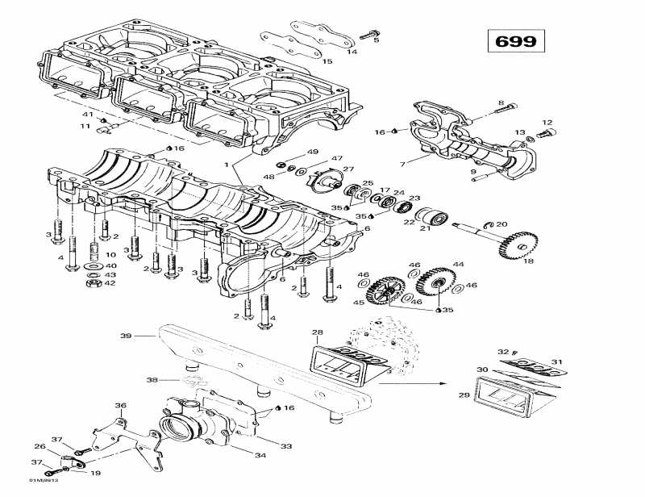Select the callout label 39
[x=125, y=335]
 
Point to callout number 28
[x=317, y=332]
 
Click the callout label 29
[x=464, y=395]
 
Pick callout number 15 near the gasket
[x=327, y=61]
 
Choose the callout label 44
[x=459, y=265]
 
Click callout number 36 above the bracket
[x=120, y=406]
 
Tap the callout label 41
[x=87, y=115]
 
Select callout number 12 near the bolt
[x=547, y=123]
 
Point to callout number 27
[x=348, y=169]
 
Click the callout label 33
[x=286, y=445]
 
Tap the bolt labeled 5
[x=371, y=34]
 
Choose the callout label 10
[x=110, y=255]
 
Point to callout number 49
[x=313, y=152]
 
